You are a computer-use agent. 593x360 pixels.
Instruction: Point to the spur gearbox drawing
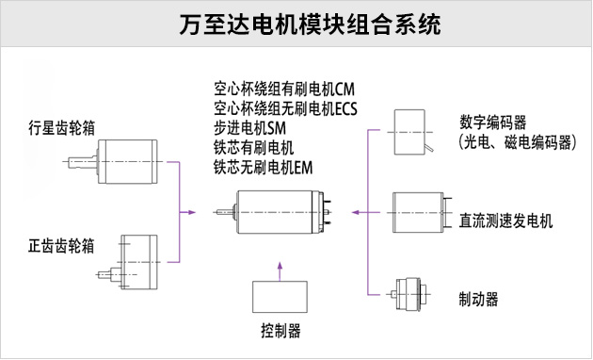pyautogui.click(x=132, y=259)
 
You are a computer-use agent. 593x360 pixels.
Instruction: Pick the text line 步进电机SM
pyautogui.click(x=249, y=127)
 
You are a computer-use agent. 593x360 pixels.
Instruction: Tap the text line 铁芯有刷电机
pyautogui.click(x=254, y=147)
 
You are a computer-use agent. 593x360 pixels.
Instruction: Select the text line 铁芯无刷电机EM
pyautogui.click(x=263, y=166)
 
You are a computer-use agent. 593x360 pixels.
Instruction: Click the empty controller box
pyautogui.click(x=280, y=296)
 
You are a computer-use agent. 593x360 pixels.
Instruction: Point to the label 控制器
pyautogui.click(x=280, y=332)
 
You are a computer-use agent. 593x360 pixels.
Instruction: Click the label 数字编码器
pyautogui.click(x=493, y=123)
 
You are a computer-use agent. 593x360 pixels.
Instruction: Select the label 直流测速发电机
pyautogui.click(x=505, y=221)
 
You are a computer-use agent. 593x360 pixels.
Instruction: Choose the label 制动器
pyautogui.click(x=479, y=299)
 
